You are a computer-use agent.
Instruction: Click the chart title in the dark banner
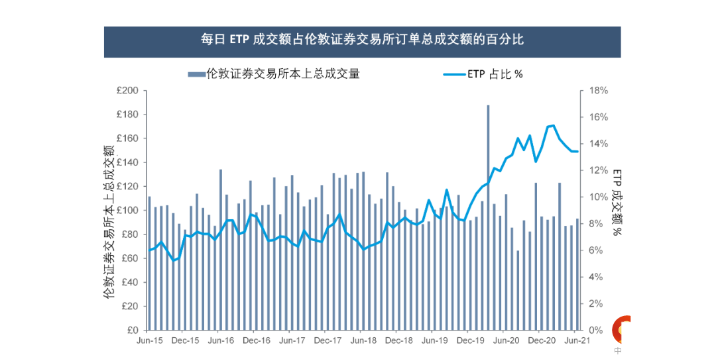tap(362, 40)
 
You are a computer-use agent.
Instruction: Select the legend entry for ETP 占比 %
tap(483, 74)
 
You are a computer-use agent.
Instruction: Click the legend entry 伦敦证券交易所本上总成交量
tap(274, 74)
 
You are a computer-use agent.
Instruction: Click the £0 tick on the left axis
tap(131, 331)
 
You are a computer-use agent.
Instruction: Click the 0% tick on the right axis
tap(596, 331)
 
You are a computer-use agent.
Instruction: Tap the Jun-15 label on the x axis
tap(149, 341)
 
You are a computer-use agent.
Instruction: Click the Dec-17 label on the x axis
tap(328, 341)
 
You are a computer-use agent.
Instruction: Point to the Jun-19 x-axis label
tap(434, 341)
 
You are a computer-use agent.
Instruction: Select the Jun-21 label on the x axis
tap(577, 341)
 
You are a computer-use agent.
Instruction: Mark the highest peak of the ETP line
tap(554, 125)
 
